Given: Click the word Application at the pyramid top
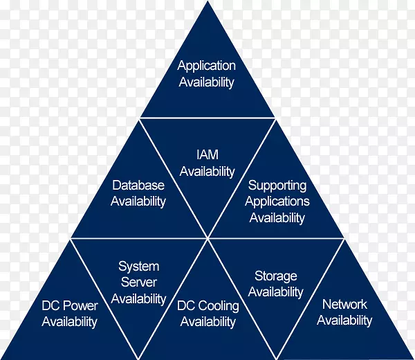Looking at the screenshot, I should pyautogui.click(x=207, y=66).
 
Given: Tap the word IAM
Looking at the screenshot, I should pyautogui.click(x=207, y=155).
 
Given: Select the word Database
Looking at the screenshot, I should pyautogui.click(x=138, y=186).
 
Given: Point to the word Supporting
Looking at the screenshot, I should pyautogui.click(x=277, y=186).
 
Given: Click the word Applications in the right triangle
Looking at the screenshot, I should pyautogui.click(x=277, y=201).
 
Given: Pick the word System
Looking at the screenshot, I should pyautogui.click(x=138, y=266).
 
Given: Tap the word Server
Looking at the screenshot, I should pyautogui.click(x=138, y=282).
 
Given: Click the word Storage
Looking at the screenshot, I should pyautogui.click(x=276, y=276).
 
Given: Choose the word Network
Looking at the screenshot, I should pyautogui.click(x=344, y=304).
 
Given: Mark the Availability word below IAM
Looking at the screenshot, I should pyautogui.click(x=207, y=171).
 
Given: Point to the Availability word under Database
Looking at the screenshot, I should pyautogui.click(x=138, y=201).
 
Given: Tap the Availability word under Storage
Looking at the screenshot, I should pyautogui.click(x=276, y=293).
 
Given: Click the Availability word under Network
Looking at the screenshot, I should pyautogui.click(x=344, y=321).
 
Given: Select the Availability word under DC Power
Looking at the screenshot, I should pyautogui.click(x=69, y=322).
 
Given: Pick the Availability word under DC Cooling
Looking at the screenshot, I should pyautogui.click(x=207, y=322).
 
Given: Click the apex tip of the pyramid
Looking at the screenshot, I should pyautogui.click(x=207, y=3).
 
